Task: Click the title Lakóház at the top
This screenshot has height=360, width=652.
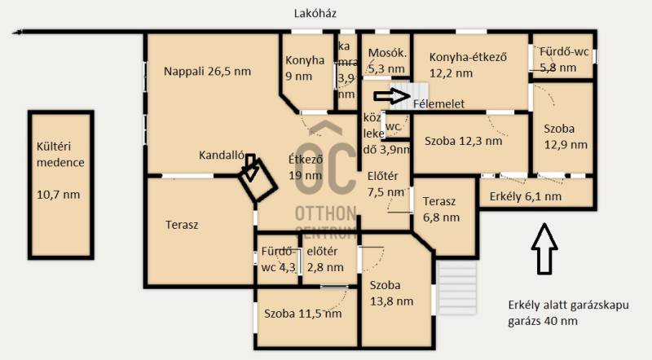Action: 315,13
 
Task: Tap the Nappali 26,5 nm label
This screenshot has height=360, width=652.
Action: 207,71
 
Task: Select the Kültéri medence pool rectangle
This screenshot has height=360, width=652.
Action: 60,185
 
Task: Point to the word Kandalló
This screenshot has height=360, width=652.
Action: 221,155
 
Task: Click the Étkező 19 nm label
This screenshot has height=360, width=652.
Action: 306,167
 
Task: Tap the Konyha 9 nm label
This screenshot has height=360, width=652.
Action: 304,68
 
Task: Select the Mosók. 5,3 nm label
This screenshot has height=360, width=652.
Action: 387,61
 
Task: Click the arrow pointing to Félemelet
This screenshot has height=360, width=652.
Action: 392,96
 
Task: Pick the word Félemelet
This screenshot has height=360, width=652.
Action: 438,104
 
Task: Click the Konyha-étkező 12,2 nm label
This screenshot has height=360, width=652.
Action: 468,65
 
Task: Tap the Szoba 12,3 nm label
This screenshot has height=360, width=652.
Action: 463,142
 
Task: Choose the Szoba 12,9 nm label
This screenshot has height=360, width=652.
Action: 566,137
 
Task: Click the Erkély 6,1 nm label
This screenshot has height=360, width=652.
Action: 525,196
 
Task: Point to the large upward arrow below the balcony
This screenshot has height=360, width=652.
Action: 544,248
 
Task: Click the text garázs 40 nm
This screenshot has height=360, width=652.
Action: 543,321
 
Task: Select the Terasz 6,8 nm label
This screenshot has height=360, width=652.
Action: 441,209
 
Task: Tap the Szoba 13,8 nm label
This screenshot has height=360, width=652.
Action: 391,293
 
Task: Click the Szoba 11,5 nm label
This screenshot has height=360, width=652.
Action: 302,314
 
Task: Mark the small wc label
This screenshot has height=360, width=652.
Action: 393,126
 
